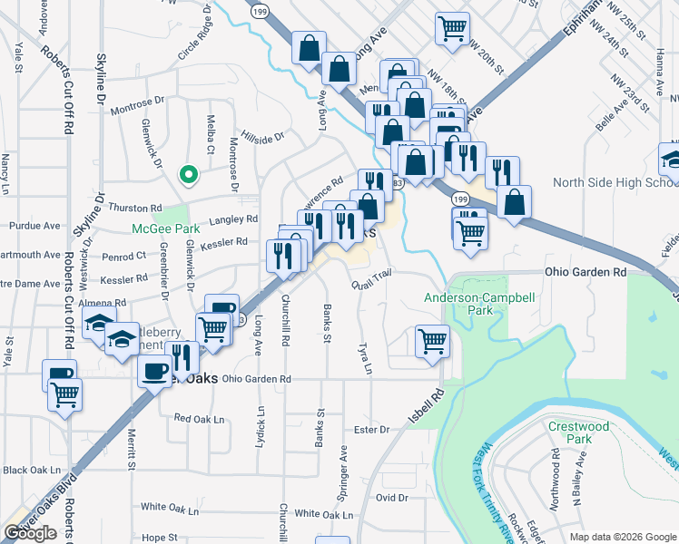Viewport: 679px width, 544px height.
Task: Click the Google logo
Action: pos(30,533)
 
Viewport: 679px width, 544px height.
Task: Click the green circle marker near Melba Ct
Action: pos(188,174)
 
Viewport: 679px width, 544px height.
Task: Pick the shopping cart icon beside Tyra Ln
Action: pos(432,342)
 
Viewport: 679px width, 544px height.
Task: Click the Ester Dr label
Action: pos(371,429)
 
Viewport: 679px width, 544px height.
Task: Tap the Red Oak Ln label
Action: pos(199,419)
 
